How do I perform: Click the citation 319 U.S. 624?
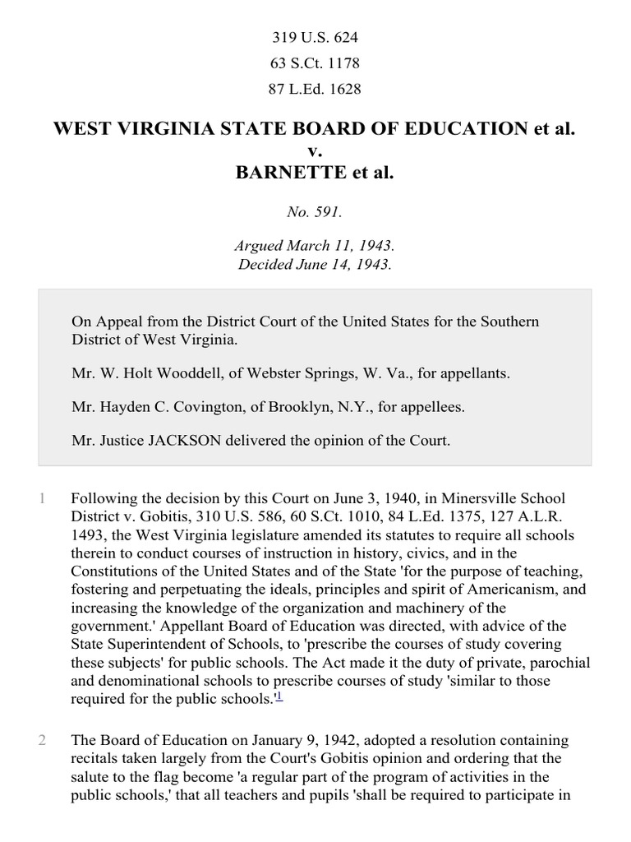coord(315,38)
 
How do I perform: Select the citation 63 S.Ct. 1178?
coord(315,63)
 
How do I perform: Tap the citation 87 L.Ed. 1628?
coord(315,89)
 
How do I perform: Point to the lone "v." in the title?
coord(315,151)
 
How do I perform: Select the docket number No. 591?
coord(315,211)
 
